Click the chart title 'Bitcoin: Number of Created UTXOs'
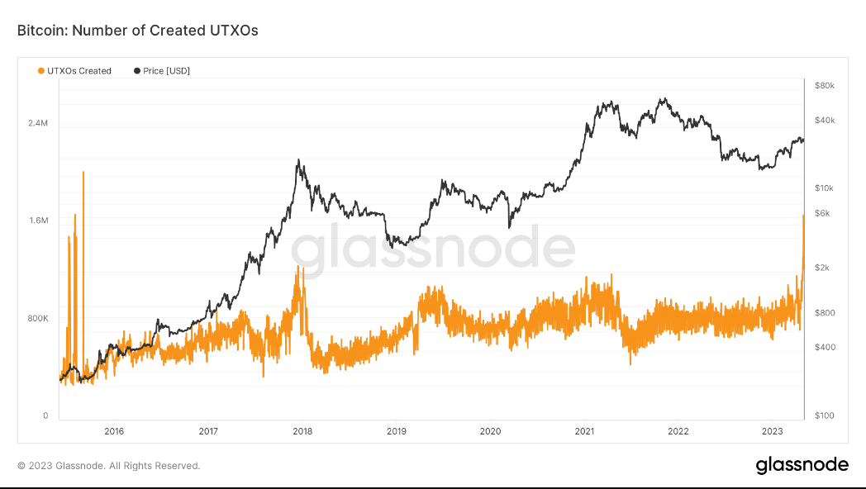point(138,31)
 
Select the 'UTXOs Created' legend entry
point(75,71)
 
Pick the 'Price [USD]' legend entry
point(162,71)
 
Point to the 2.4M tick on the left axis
point(39,123)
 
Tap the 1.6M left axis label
point(39,221)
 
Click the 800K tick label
point(38,318)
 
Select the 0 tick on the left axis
point(46,415)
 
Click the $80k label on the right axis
point(824,85)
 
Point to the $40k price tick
point(824,120)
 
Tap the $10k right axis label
point(824,188)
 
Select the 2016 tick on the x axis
point(114,431)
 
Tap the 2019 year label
point(397,431)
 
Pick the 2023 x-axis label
point(773,431)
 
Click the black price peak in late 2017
point(298,160)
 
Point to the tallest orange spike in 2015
point(83,173)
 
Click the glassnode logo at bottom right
point(802,465)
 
